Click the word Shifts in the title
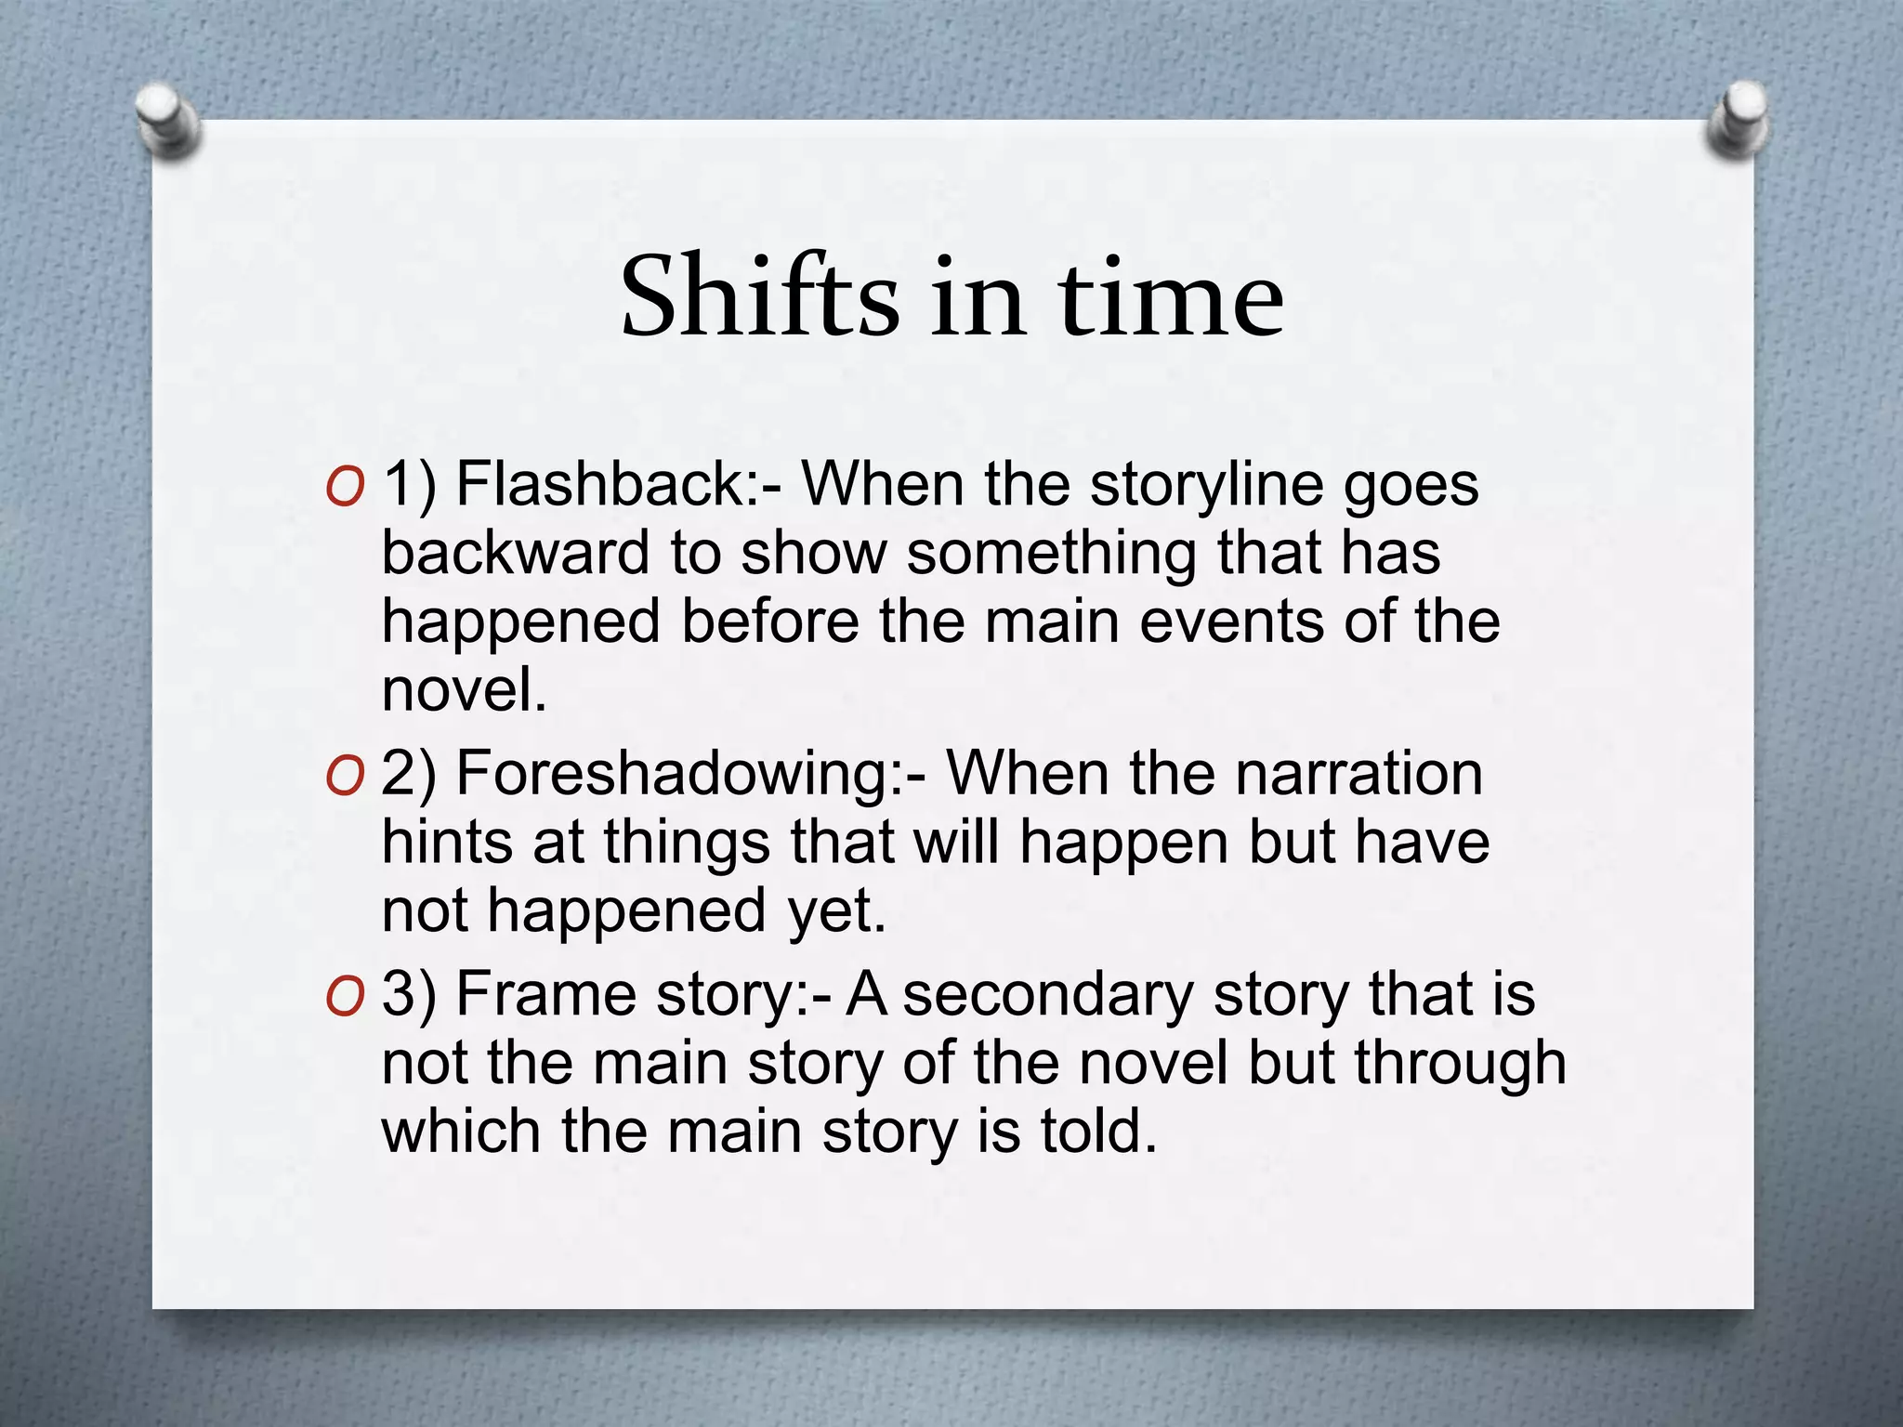click(759, 297)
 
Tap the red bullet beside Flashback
click(345, 488)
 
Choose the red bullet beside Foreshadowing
click(345, 777)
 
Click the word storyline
click(1206, 486)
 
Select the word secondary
click(1048, 994)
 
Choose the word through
click(1459, 1063)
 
